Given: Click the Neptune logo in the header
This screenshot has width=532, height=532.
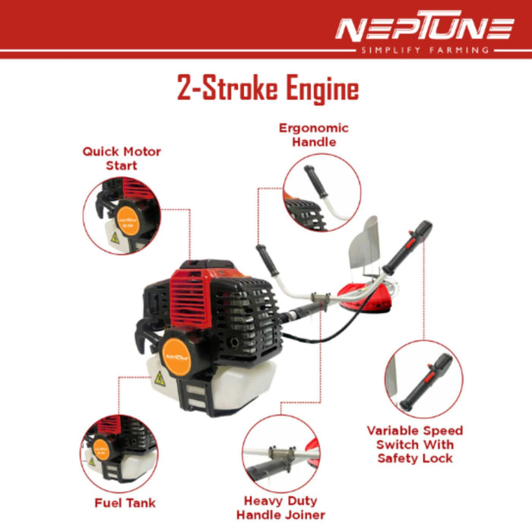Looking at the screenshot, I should [x=424, y=30].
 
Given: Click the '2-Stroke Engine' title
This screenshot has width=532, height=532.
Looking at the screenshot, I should [x=268, y=89].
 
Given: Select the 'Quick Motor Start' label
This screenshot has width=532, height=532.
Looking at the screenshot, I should [x=122, y=158].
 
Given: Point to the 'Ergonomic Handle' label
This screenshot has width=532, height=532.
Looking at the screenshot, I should [x=313, y=135].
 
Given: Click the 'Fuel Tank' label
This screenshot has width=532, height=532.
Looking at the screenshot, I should [x=125, y=502].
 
